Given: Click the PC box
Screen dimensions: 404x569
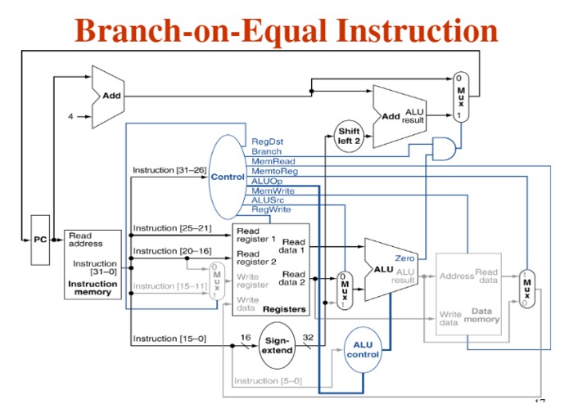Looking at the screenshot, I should pyautogui.click(x=40, y=240).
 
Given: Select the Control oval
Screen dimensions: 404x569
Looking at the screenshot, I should pyautogui.click(x=228, y=177).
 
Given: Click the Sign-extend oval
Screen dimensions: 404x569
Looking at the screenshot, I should pyautogui.click(x=276, y=345).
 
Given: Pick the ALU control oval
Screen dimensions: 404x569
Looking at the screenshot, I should pyautogui.click(x=362, y=349).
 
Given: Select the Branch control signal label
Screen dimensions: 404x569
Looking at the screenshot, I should pyautogui.click(x=266, y=152).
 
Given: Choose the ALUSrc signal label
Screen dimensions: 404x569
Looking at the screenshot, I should pyautogui.click(x=268, y=200).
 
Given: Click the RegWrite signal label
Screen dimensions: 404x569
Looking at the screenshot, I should pyautogui.click(x=271, y=209).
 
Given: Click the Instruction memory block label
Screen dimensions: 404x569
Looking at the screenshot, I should pyautogui.click(x=93, y=288).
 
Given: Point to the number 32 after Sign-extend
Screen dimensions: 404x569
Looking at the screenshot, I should pyautogui.click(x=308, y=337).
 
